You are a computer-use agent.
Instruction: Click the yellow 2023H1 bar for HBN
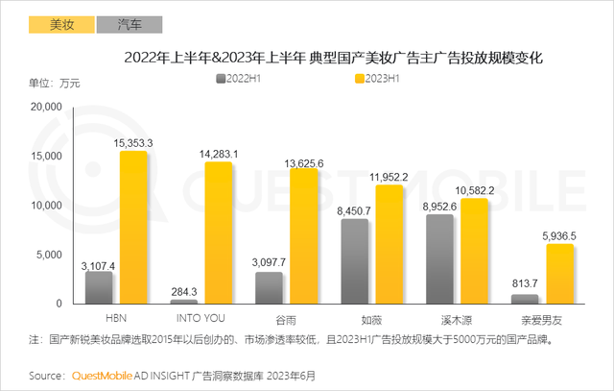(134, 227)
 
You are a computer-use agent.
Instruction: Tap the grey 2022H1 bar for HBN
(99, 287)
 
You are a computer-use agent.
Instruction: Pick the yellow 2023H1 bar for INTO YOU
(219, 232)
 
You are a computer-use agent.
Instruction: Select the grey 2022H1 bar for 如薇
(355, 261)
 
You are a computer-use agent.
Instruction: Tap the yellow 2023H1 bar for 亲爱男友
(560, 274)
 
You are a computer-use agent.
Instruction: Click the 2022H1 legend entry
(245, 80)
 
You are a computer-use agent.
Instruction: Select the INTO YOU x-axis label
(201, 316)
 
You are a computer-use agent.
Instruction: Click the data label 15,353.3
(134, 142)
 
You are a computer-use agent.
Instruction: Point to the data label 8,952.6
(438, 206)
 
